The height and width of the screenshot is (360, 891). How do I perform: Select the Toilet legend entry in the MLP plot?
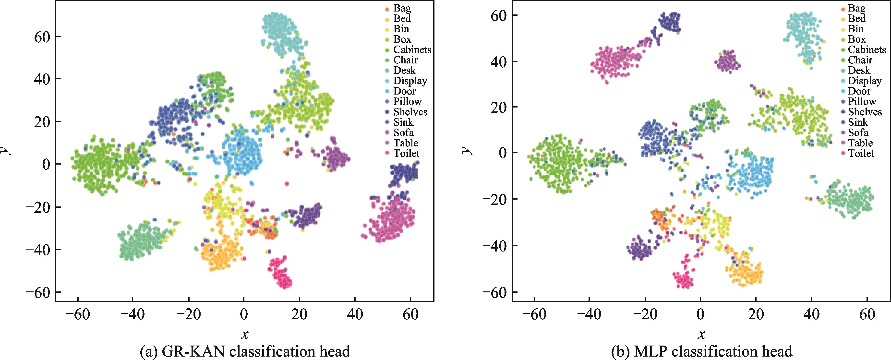[x=861, y=153]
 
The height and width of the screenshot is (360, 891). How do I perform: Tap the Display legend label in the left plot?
[x=410, y=81]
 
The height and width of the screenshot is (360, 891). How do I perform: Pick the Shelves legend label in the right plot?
[x=865, y=112]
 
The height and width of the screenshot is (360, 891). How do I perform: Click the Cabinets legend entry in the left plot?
[x=412, y=50]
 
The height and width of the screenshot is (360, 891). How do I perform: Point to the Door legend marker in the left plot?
[x=387, y=92]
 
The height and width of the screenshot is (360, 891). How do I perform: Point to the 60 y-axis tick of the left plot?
[x=43, y=37]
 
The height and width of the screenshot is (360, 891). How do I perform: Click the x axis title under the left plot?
[x=244, y=334]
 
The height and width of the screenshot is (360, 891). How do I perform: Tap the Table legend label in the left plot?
[x=405, y=143]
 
